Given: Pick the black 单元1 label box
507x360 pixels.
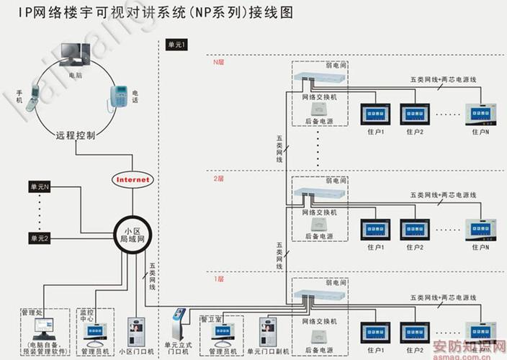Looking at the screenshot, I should pyautogui.click(x=176, y=45).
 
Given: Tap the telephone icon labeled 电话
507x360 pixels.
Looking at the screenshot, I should pyautogui.click(x=118, y=97).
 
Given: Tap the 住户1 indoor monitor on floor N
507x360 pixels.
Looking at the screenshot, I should pyautogui.click(x=376, y=114).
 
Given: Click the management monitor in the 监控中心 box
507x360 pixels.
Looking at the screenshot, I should pyautogui.click(x=95, y=331).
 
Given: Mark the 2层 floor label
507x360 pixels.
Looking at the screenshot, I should pyautogui.click(x=219, y=177).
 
